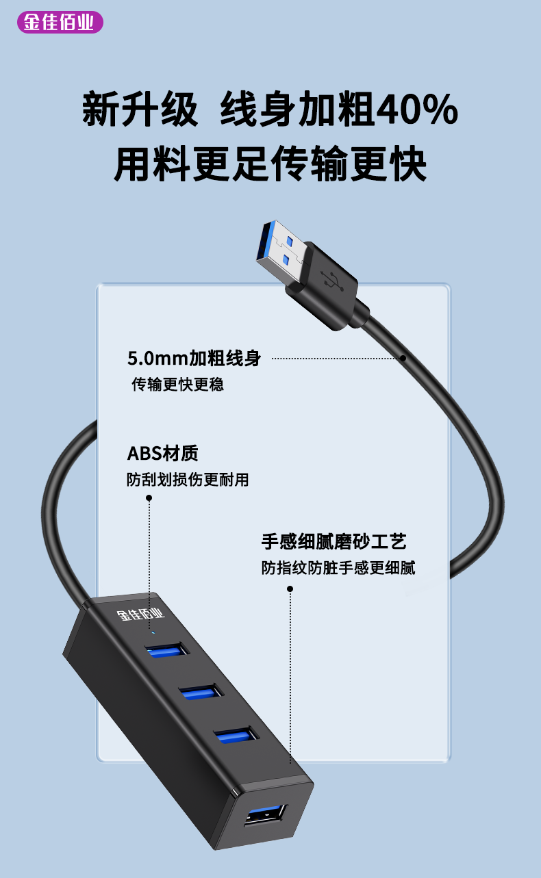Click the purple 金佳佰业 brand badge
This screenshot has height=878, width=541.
pos(60,22)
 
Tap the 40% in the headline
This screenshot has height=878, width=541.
pos(417,109)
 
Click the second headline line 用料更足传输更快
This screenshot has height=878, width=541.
pos(270,163)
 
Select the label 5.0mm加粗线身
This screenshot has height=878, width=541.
pos(194,358)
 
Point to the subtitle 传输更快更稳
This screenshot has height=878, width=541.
pos(178,384)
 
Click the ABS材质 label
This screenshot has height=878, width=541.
pos(163,453)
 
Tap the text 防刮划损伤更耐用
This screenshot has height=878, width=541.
pos(188,479)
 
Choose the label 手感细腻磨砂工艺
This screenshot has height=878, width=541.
pos(334,542)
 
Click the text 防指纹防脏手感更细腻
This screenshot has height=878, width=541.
pos(338,567)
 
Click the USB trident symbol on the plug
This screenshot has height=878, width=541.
pos(332,280)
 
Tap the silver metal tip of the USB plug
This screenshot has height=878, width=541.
pos(281,251)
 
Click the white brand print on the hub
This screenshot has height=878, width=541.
pos(140,615)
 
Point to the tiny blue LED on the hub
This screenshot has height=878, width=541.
pos(153,632)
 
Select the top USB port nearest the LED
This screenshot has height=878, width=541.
pos(167,649)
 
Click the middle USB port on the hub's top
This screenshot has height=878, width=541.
pos(201,692)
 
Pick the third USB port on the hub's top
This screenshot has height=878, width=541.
pos(236,735)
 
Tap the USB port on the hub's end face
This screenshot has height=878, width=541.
pos(266,816)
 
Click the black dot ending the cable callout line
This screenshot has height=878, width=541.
pos(403,359)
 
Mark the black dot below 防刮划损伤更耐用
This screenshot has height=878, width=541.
pos(149,498)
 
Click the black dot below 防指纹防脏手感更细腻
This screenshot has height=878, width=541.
pos(290,589)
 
